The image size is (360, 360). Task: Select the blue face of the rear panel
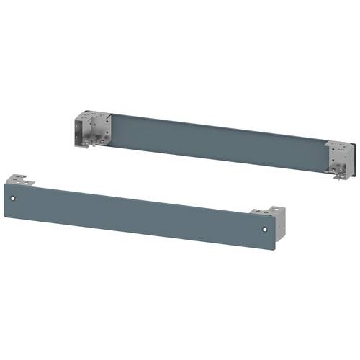(x=216, y=140)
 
